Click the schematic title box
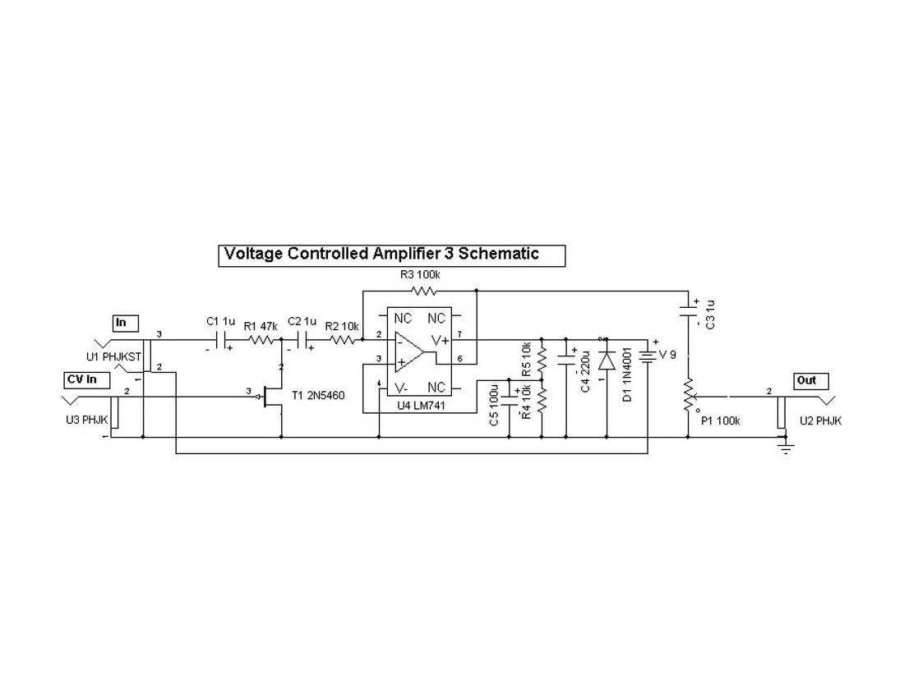(x=392, y=254)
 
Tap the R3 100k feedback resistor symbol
(x=423, y=290)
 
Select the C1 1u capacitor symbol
(x=220, y=339)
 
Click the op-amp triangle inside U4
(x=407, y=353)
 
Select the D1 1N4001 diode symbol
(x=607, y=360)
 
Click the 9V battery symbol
(x=648, y=355)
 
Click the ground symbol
(x=786, y=448)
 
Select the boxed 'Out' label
(x=810, y=380)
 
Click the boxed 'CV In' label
(x=86, y=379)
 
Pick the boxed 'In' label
(x=125, y=322)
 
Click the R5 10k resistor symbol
(x=541, y=358)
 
